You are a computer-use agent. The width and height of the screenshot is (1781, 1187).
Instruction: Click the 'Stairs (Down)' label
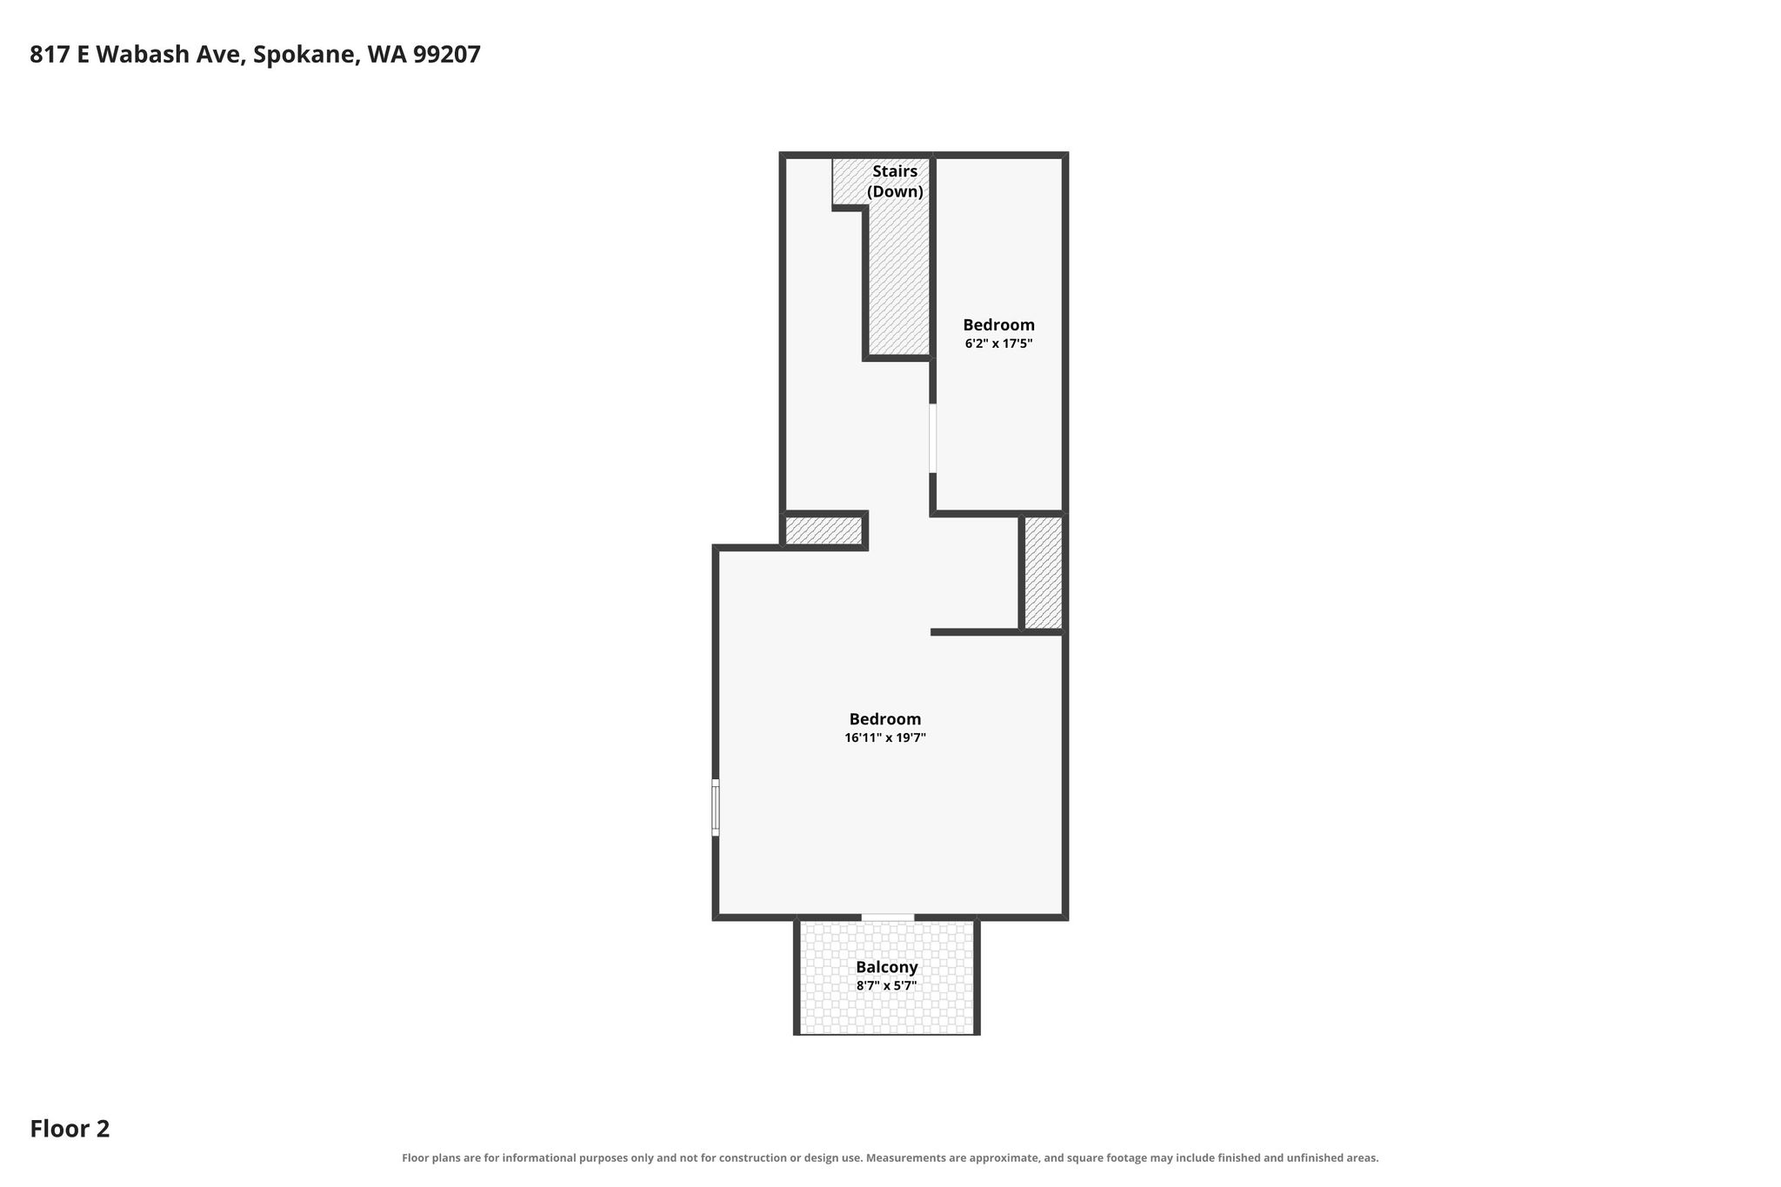(895, 182)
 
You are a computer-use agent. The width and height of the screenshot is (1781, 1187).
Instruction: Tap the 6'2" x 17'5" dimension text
(998, 343)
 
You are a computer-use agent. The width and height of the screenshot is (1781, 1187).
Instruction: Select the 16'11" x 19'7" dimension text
(885, 737)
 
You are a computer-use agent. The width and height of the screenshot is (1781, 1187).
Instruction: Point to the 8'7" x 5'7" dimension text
(886, 985)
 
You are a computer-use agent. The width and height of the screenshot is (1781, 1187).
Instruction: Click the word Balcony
(886, 967)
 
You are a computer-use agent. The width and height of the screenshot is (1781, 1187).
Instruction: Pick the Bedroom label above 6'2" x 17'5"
(998, 325)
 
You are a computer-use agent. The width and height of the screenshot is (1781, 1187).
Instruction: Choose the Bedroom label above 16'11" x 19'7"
(885, 719)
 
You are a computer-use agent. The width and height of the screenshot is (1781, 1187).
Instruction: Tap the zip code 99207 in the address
(447, 54)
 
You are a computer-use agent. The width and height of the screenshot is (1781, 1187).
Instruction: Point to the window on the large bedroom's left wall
(716, 808)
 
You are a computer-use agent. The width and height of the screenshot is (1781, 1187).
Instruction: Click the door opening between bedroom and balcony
(888, 917)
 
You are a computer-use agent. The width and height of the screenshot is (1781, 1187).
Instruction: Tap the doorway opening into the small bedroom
(933, 438)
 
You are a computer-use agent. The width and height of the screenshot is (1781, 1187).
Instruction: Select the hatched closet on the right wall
(1043, 572)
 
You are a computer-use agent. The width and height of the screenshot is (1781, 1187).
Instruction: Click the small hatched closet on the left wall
(824, 530)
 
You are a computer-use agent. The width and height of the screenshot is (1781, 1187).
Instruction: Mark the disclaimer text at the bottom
(890, 1157)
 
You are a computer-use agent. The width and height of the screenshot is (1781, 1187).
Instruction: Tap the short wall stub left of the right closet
(975, 631)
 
